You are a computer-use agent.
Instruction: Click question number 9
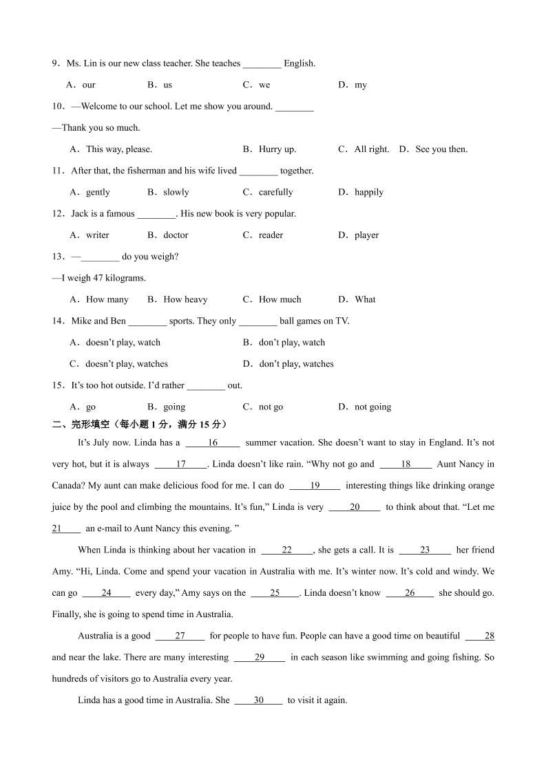pyautogui.click(x=56, y=63)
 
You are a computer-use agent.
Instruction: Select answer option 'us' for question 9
pyautogui.click(x=167, y=85)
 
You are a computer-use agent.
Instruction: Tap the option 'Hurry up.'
pyautogui.click(x=277, y=149)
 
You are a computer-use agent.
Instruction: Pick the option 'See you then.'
pyautogui.click(x=441, y=149)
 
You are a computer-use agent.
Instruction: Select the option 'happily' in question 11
pyautogui.click(x=368, y=192)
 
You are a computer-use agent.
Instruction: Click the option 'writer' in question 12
pyautogui.click(x=97, y=235)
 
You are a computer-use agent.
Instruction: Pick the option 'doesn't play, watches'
pyautogui.click(x=126, y=364)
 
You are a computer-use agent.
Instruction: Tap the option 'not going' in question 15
pyautogui.click(x=372, y=407)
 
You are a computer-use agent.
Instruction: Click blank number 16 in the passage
pyautogui.click(x=213, y=443)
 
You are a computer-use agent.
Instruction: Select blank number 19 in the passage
pyautogui.click(x=315, y=486)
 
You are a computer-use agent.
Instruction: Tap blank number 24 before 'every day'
pyautogui.click(x=106, y=593)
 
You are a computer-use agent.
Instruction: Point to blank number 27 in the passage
pyautogui.click(x=180, y=636)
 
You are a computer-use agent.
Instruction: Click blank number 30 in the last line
pyautogui.click(x=258, y=700)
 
